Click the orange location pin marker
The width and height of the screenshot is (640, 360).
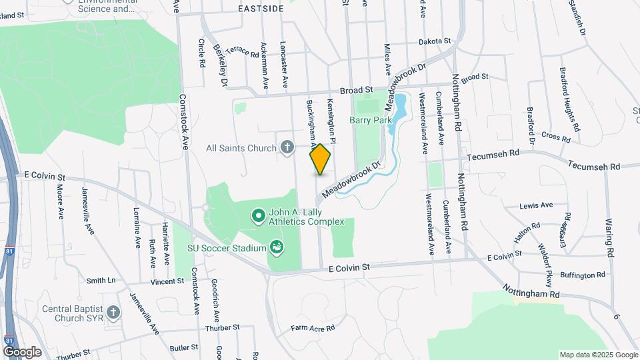[x=320, y=159]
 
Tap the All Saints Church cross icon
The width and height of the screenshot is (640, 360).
[x=287, y=147]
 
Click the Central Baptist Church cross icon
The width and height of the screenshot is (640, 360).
[x=114, y=312]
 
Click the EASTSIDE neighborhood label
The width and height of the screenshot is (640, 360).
[x=261, y=8]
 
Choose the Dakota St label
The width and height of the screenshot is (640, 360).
[x=435, y=41]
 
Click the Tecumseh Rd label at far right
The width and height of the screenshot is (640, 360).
[x=594, y=165]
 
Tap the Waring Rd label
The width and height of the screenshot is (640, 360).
[x=608, y=231]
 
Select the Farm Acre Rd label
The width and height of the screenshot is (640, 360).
[x=312, y=329]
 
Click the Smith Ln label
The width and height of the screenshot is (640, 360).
[x=101, y=281]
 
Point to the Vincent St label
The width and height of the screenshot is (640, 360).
[x=167, y=282]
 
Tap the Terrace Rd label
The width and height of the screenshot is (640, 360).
[x=242, y=51]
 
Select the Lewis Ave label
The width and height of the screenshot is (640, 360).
[x=537, y=205]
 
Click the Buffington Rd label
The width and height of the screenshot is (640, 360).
[x=583, y=274]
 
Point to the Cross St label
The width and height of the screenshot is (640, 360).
[x=556, y=137]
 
